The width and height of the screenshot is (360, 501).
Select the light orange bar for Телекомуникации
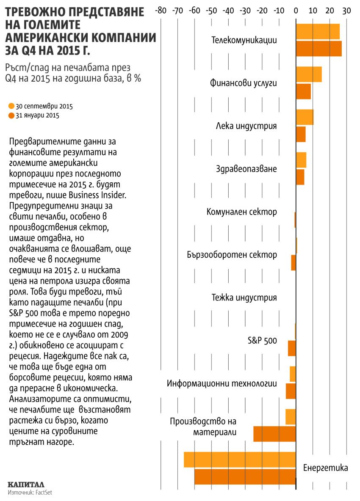point(318,32)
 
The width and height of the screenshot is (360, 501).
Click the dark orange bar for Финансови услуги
point(303,91)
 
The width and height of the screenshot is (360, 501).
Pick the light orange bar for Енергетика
point(240,460)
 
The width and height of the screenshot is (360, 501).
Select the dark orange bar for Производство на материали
point(274,434)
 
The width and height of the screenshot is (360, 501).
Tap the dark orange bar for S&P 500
point(292,348)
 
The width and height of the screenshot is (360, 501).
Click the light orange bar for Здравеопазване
point(301,160)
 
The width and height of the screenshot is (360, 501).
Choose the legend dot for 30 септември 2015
point(11,105)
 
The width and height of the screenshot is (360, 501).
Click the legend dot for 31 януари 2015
point(11,115)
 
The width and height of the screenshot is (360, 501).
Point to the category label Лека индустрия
point(246,126)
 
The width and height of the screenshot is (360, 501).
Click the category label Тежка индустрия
point(244,297)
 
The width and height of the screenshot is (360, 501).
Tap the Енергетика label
point(326,468)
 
